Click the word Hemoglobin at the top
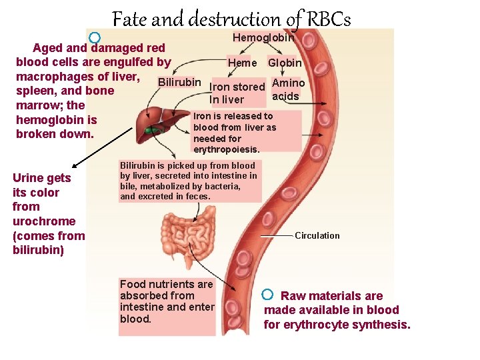[x=263, y=39]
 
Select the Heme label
[x=242, y=63]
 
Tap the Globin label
[x=285, y=63]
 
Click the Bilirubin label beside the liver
[x=179, y=82]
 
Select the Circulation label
[x=317, y=235]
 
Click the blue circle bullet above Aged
[x=95, y=38]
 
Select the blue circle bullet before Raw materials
[x=267, y=294]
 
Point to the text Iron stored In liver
[x=237, y=93]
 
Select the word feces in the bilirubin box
[x=197, y=196]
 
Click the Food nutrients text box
[x=167, y=301]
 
